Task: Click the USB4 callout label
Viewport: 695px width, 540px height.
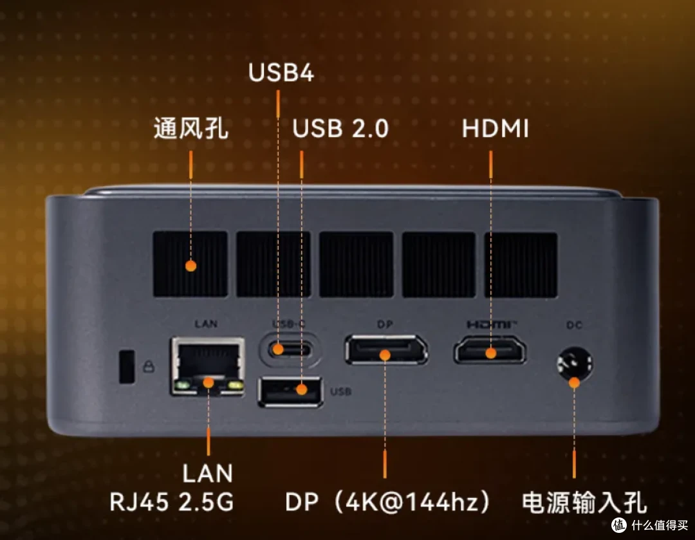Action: (281, 72)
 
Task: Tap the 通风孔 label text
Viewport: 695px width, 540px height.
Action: (191, 129)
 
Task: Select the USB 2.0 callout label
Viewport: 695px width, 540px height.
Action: (340, 129)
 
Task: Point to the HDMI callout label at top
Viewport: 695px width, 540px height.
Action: (495, 129)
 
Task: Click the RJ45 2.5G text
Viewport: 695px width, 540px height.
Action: (172, 502)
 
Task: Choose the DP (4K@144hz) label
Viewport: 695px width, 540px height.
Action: (387, 502)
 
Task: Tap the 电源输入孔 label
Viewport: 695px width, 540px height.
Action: (584, 503)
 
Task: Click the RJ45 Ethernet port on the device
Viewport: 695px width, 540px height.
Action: (208, 366)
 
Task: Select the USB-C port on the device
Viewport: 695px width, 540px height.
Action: (290, 350)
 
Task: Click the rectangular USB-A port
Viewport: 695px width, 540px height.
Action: (290, 391)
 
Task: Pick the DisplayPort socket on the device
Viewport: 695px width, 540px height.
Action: (387, 349)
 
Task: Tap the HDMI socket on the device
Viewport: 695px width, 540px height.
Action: (490, 350)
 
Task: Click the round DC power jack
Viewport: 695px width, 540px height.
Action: (575, 364)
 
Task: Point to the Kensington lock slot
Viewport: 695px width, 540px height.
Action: (127, 367)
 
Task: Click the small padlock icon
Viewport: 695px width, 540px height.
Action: (149, 366)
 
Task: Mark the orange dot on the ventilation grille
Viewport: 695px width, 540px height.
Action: (191, 266)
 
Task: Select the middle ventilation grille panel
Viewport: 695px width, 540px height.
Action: (357, 265)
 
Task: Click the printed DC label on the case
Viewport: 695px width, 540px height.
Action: (574, 325)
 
